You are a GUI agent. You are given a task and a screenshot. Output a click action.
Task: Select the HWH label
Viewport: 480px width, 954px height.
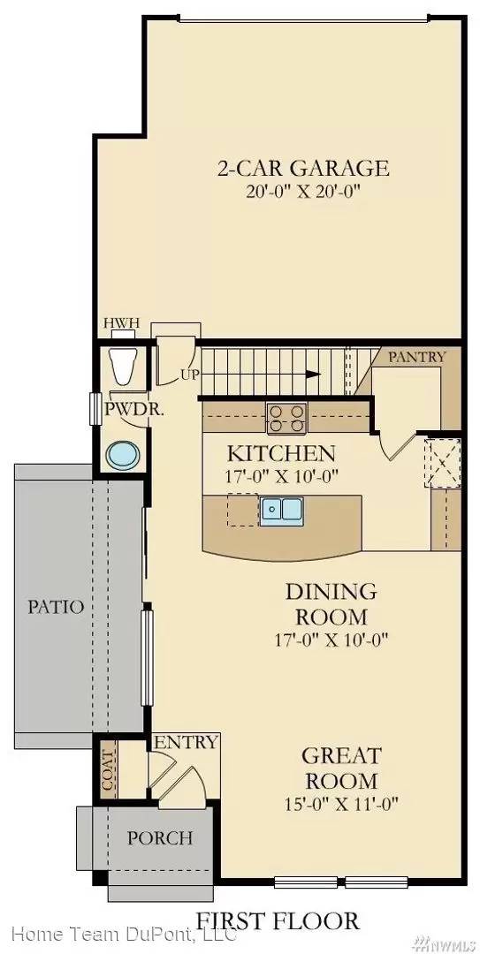[121, 323]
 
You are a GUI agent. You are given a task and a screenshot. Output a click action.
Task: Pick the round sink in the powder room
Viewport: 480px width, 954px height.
[122, 456]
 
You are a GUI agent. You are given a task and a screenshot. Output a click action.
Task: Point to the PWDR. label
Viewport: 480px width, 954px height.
[124, 409]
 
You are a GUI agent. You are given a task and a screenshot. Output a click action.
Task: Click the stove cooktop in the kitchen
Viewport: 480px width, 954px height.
[286, 416]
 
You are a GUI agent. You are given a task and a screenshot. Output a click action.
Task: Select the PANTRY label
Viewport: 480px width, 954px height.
[417, 357]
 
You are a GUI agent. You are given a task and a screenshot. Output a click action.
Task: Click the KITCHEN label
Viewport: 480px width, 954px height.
[281, 454]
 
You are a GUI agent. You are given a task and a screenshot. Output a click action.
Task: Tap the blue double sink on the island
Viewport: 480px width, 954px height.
[282, 510]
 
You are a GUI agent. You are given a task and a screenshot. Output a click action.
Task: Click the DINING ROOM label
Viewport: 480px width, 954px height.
[331, 603]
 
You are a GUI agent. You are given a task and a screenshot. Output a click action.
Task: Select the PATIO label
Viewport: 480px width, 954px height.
[55, 607]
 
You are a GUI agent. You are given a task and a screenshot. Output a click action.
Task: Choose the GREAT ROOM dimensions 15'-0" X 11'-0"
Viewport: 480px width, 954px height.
[340, 804]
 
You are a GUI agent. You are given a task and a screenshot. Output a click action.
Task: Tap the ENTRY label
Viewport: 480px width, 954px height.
[186, 742]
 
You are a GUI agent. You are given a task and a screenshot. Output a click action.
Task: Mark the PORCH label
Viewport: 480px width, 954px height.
[160, 837]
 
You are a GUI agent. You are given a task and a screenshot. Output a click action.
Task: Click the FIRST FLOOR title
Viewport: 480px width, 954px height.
[278, 920]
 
